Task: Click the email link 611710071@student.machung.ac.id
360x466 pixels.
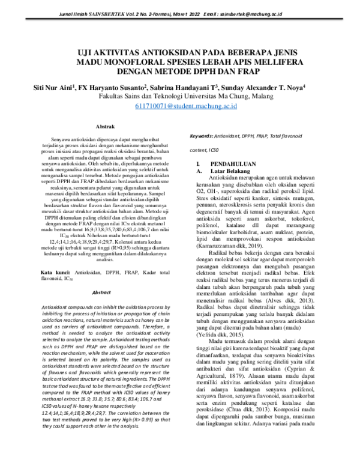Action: [179, 106]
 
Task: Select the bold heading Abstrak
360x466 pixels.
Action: [106, 127]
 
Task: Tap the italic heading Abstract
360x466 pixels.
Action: [104, 309]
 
